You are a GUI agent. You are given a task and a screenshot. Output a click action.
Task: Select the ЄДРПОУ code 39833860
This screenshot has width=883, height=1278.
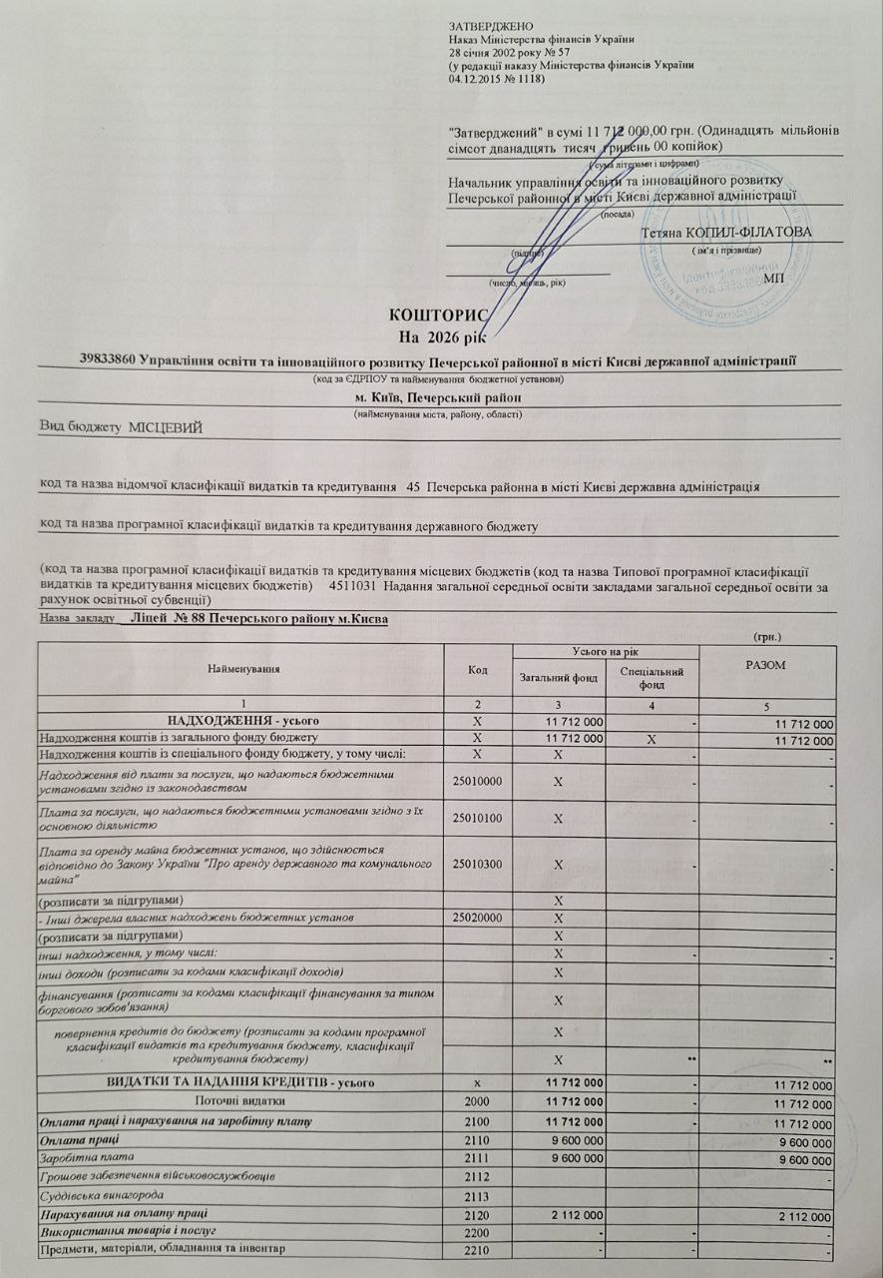point(111,360)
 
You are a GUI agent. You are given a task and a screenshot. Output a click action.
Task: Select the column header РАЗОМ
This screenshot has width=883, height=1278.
point(767,666)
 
